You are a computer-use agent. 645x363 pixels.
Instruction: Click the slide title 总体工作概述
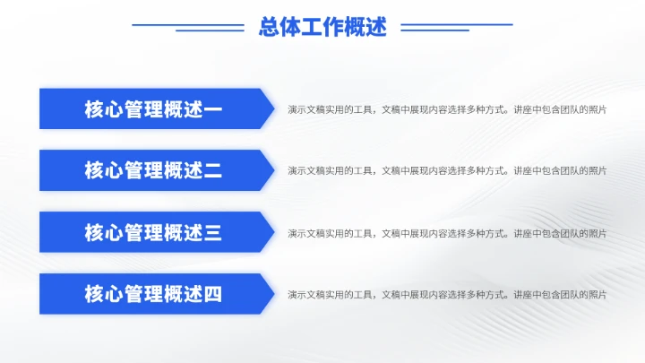click(x=322, y=27)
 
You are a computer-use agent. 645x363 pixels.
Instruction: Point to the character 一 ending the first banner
click(x=213, y=109)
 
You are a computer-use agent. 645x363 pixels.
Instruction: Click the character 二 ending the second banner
click(x=213, y=170)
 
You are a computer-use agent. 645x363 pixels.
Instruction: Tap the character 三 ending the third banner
click(x=213, y=232)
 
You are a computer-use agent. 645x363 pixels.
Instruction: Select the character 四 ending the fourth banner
click(x=213, y=294)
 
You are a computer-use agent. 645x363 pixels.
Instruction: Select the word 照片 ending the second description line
click(x=598, y=170)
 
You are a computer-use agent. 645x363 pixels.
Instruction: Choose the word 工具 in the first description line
click(x=360, y=109)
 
